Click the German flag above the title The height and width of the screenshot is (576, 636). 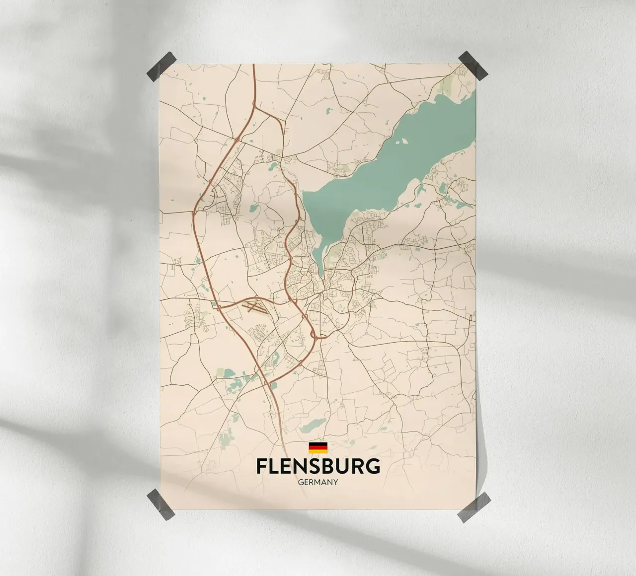click(318, 447)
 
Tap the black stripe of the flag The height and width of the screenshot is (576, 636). click(318, 443)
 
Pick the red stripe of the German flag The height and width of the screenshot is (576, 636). click(318, 447)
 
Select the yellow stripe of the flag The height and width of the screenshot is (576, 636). click(318, 451)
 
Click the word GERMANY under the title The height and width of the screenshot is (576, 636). click(318, 482)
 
